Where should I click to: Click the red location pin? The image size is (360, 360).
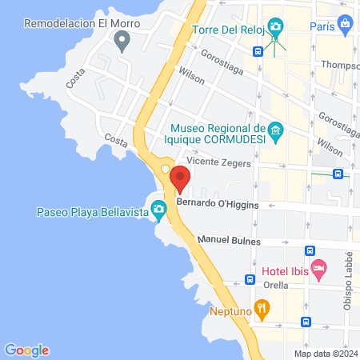tap(180, 179)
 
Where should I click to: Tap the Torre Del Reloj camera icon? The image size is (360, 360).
tap(275, 27)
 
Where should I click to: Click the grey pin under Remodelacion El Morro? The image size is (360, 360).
tap(122, 42)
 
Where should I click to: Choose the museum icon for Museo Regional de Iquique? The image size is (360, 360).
tap(276, 130)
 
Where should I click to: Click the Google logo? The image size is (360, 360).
tap(26, 350)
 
